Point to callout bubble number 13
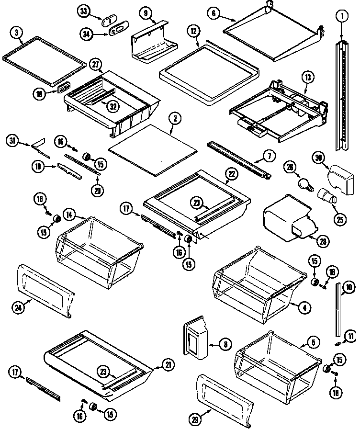click(x=307, y=76)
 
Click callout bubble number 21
click(x=168, y=365)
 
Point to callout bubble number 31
click(x=13, y=140)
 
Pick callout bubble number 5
click(x=313, y=342)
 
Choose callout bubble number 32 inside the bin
click(x=113, y=106)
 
